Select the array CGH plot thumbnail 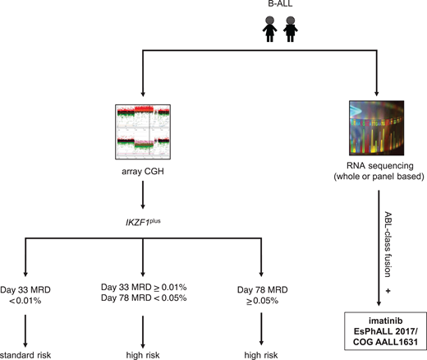coord(143,132)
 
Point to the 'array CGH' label coord(143,174)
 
